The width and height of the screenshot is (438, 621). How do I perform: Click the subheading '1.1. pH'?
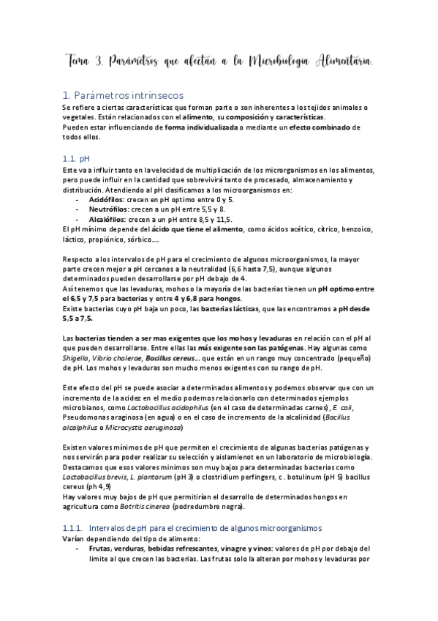pyautogui.click(x=76, y=157)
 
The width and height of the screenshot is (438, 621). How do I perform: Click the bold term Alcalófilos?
pyautogui.click(x=107, y=218)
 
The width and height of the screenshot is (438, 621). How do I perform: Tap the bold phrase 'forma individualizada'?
pyautogui.click(x=200, y=127)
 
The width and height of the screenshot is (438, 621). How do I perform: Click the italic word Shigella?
pyautogui.click(x=77, y=357)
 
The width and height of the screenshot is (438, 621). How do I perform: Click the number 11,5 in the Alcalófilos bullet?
pyautogui.click(x=221, y=218)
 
